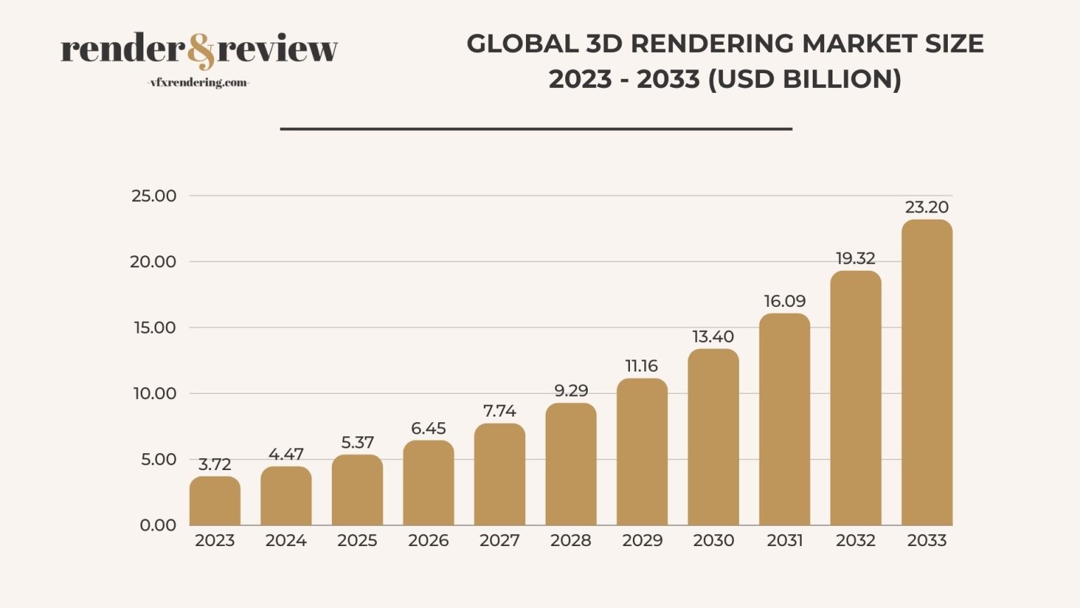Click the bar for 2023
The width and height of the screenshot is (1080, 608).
(214, 501)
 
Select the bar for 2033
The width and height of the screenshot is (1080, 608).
(927, 373)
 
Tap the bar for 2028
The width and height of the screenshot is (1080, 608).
(571, 464)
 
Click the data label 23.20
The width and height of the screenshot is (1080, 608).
(927, 207)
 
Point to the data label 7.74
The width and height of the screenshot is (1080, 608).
(499, 410)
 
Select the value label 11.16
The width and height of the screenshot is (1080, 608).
(641, 366)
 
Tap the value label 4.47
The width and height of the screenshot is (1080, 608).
(285, 454)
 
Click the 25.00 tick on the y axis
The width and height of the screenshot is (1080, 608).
(154, 196)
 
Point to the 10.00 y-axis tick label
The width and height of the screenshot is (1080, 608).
(155, 393)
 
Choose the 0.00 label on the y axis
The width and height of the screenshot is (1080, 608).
(158, 525)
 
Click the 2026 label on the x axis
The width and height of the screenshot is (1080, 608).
(428, 540)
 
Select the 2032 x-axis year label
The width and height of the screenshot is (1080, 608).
(856, 540)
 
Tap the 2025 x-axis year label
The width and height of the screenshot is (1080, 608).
(357, 540)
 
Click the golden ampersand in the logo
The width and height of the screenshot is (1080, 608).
(202, 51)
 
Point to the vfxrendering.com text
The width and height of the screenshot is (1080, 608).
(198, 82)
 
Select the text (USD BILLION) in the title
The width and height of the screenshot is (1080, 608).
(804, 79)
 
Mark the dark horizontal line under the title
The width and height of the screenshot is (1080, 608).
(536, 129)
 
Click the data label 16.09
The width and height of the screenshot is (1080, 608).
(785, 301)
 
